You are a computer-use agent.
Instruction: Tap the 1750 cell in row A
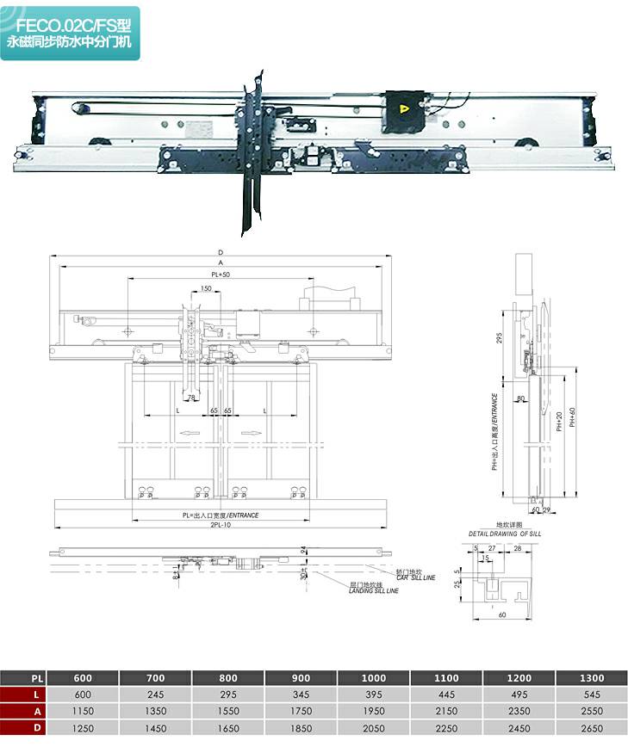pos(302,712)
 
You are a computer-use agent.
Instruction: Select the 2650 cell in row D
pos(592,728)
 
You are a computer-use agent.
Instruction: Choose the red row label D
pos(23,728)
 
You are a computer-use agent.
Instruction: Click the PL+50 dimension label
pos(221,275)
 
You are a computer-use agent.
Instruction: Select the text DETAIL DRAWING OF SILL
pos(505,534)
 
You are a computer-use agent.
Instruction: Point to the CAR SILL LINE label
pos(416,576)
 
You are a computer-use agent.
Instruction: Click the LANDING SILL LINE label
pos(373,589)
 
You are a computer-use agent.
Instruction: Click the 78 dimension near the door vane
pos(192,398)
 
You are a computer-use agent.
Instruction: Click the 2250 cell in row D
pos(447,728)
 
